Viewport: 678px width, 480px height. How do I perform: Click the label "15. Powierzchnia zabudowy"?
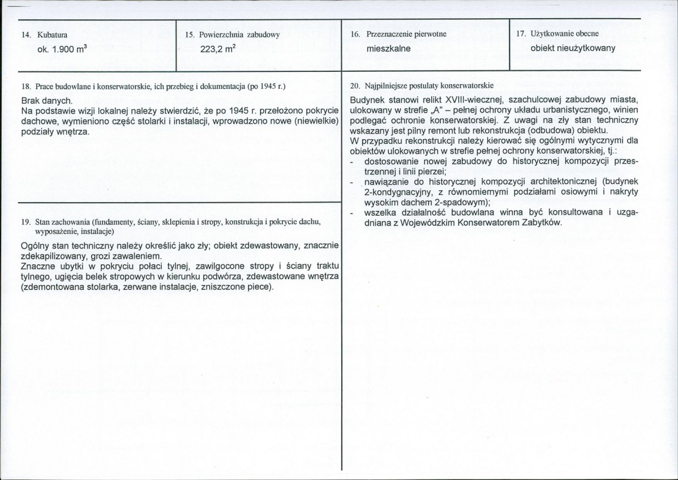click(x=233, y=35)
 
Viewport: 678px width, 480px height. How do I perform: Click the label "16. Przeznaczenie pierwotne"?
click(x=398, y=35)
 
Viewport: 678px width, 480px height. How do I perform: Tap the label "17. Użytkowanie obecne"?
click(x=557, y=34)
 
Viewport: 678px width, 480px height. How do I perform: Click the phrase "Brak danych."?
click(x=44, y=99)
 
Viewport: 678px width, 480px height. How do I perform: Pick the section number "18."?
click(x=26, y=86)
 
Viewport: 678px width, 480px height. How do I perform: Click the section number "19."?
click(x=26, y=222)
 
